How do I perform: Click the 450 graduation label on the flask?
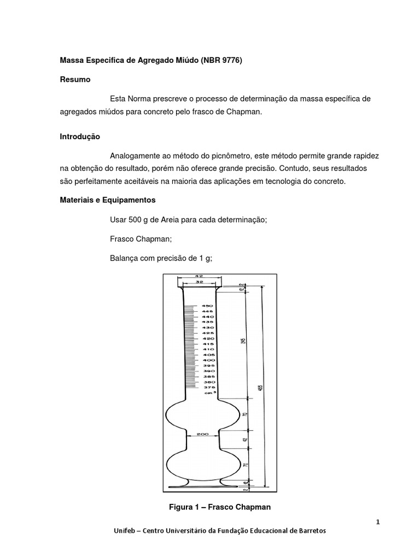point(207,306)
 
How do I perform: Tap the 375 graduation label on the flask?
point(207,388)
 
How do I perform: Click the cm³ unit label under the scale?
point(208,393)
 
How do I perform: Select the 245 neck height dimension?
point(243,340)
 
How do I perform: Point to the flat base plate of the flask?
point(203,486)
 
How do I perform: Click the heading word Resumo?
point(75,80)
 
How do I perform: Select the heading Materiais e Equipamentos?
point(108,200)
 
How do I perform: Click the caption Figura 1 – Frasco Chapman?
point(220,507)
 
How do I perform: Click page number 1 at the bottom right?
point(377,522)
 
